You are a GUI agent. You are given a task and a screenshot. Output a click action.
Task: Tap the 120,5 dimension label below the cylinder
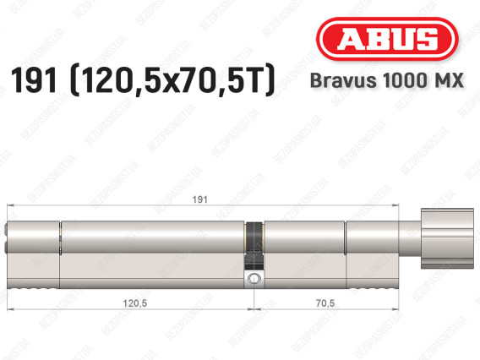[131, 302]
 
